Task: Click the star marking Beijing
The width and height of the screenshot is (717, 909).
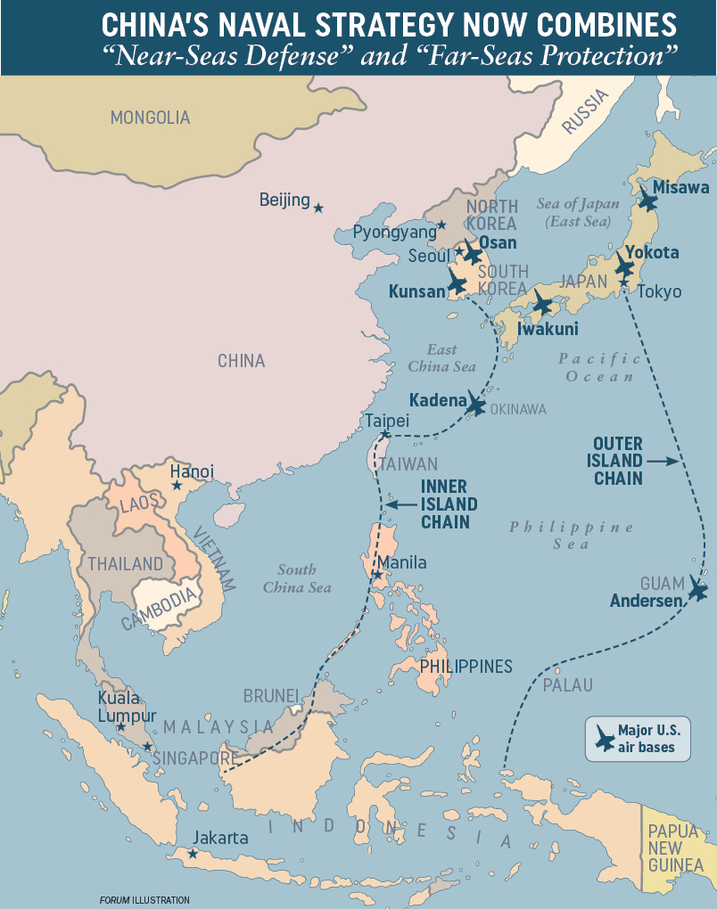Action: tap(318, 208)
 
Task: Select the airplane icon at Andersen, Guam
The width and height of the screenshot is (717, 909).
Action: tap(697, 591)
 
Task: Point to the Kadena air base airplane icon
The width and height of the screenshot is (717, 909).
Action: tap(475, 405)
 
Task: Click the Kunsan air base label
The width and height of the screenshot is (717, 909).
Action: tap(416, 291)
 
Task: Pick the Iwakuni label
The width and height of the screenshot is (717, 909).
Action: tap(548, 329)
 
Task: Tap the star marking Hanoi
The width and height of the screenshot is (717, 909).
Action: tap(177, 487)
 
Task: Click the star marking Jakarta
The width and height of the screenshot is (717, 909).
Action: tap(193, 854)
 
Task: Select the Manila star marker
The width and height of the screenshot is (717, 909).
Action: tap(378, 575)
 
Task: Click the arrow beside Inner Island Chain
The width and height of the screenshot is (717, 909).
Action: tap(400, 504)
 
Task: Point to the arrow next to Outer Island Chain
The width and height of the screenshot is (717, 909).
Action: tap(661, 461)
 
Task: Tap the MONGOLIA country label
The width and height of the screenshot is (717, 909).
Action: tap(150, 117)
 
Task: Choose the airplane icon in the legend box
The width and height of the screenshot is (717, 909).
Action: tap(604, 739)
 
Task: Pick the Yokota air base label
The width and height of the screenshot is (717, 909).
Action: tap(652, 252)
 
